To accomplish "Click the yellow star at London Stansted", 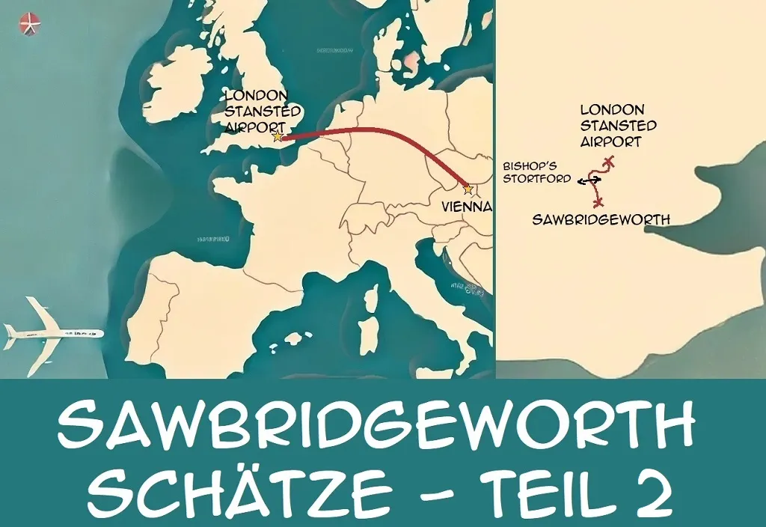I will [278, 136].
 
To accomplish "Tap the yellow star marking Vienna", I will [468, 188].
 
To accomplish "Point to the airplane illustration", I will [52, 330].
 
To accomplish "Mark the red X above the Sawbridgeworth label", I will [598, 202].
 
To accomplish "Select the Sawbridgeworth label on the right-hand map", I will [600, 219].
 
